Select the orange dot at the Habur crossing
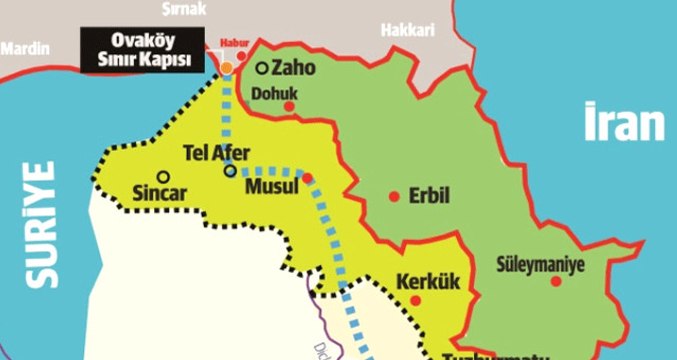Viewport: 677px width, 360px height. pos(228,67)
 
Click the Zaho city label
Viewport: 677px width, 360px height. pos(291,68)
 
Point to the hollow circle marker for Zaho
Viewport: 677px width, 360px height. pos(262,68)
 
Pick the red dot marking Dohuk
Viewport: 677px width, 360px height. pos(289,105)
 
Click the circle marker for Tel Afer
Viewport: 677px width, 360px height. pos(230,171)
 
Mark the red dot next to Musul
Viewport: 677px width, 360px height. pos(308,178)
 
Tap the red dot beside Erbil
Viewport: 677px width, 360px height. pos(395,195)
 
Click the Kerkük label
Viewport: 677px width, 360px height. pos(427,282)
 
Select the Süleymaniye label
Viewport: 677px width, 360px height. pos(540,266)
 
